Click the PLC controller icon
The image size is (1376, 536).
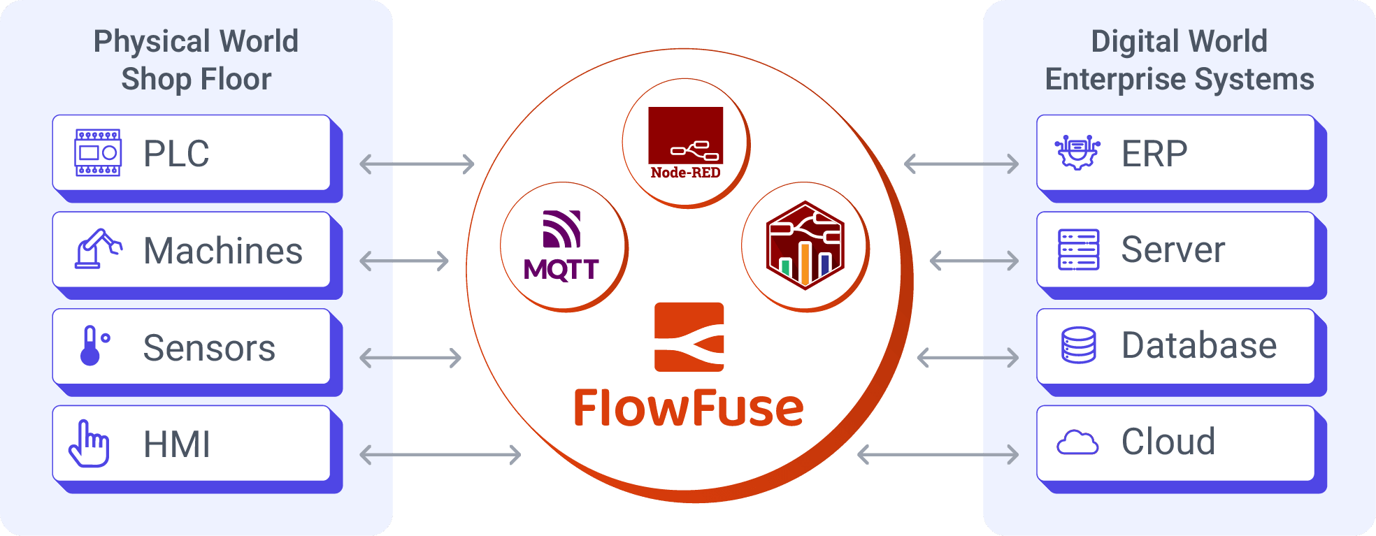coord(98,152)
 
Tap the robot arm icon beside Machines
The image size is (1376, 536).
coord(98,249)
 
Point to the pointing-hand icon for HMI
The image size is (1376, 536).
coord(89,444)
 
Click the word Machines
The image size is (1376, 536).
coord(222,251)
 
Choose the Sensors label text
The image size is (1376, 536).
coord(209,347)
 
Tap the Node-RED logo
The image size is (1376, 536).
coord(685,143)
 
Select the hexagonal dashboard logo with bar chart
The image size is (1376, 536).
coord(805,245)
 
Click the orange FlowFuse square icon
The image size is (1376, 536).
coord(689,337)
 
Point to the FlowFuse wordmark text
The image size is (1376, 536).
coord(689,408)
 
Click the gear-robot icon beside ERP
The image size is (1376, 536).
coord(1077,152)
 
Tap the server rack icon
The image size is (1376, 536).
coord(1078,249)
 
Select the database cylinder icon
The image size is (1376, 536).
coord(1078,345)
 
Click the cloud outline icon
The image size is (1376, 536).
coord(1077,442)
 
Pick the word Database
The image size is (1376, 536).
coord(1198,345)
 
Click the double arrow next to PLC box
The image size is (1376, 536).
coord(417,164)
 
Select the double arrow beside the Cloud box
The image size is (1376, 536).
coord(938,454)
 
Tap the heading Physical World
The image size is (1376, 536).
coord(196,41)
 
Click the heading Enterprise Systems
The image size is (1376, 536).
coord(1179,79)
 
